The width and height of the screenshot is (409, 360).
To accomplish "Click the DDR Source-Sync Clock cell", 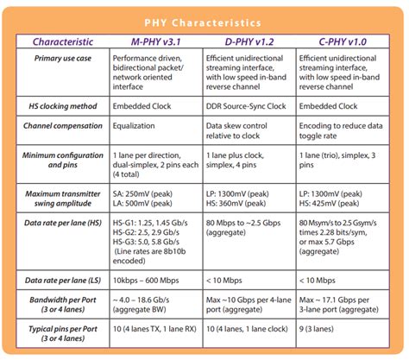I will point(256,105).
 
